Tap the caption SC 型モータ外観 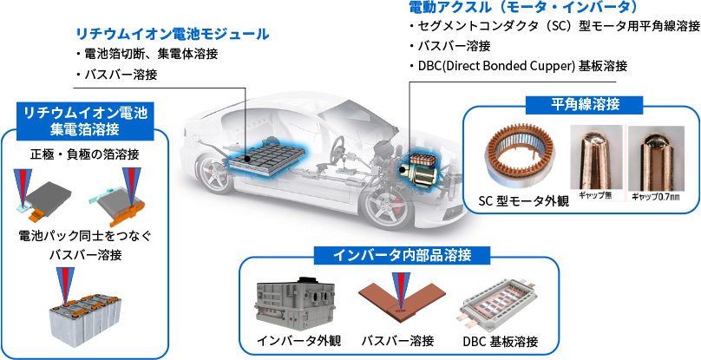(523, 201)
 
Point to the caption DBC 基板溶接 (501, 339)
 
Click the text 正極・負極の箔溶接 (84, 154)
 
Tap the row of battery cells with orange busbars (84, 315)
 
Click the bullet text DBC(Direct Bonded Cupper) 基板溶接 (521, 66)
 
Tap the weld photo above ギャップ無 (595, 157)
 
